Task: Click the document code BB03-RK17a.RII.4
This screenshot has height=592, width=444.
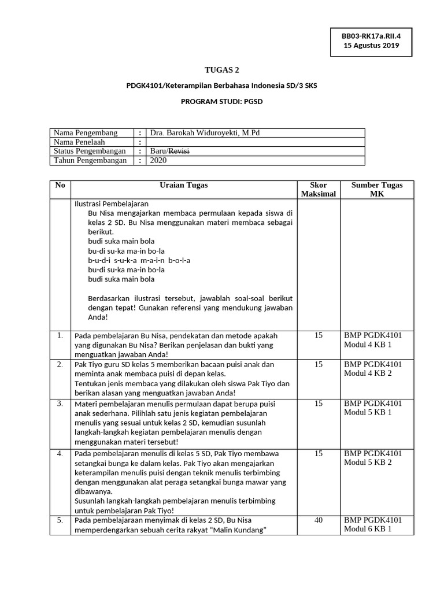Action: click(x=371, y=36)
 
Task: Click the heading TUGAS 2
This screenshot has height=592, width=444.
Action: click(x=222, y=71)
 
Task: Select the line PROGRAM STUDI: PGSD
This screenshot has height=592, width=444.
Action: click(x=222, y=100)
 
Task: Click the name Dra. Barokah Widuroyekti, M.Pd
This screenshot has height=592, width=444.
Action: click(x=205, y=133)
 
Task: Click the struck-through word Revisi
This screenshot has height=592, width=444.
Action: click(x=179, y=151)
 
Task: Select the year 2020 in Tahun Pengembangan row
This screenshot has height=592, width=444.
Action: click(x=158, y=161)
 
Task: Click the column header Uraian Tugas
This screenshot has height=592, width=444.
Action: click(x=183, y=186)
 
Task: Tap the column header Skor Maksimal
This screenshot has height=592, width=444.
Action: click(x=319, y=190)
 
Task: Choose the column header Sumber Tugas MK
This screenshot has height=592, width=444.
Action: click(x=377, y=190)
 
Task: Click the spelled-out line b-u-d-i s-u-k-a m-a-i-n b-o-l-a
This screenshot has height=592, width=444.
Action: click(x=139, y=260)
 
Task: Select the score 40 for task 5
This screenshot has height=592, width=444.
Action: click(x=319, y=520)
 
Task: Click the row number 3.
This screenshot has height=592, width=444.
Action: click(x=60, y=404)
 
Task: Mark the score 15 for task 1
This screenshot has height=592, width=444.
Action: click(x=319, y=335)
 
